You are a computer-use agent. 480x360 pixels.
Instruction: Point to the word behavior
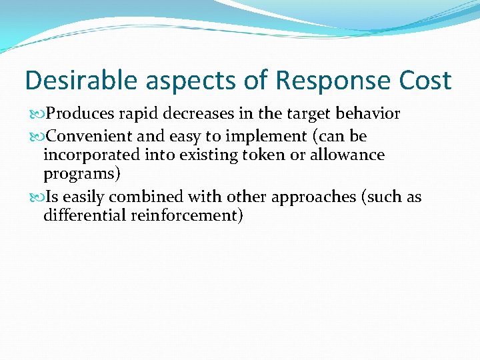pos(370,114)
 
